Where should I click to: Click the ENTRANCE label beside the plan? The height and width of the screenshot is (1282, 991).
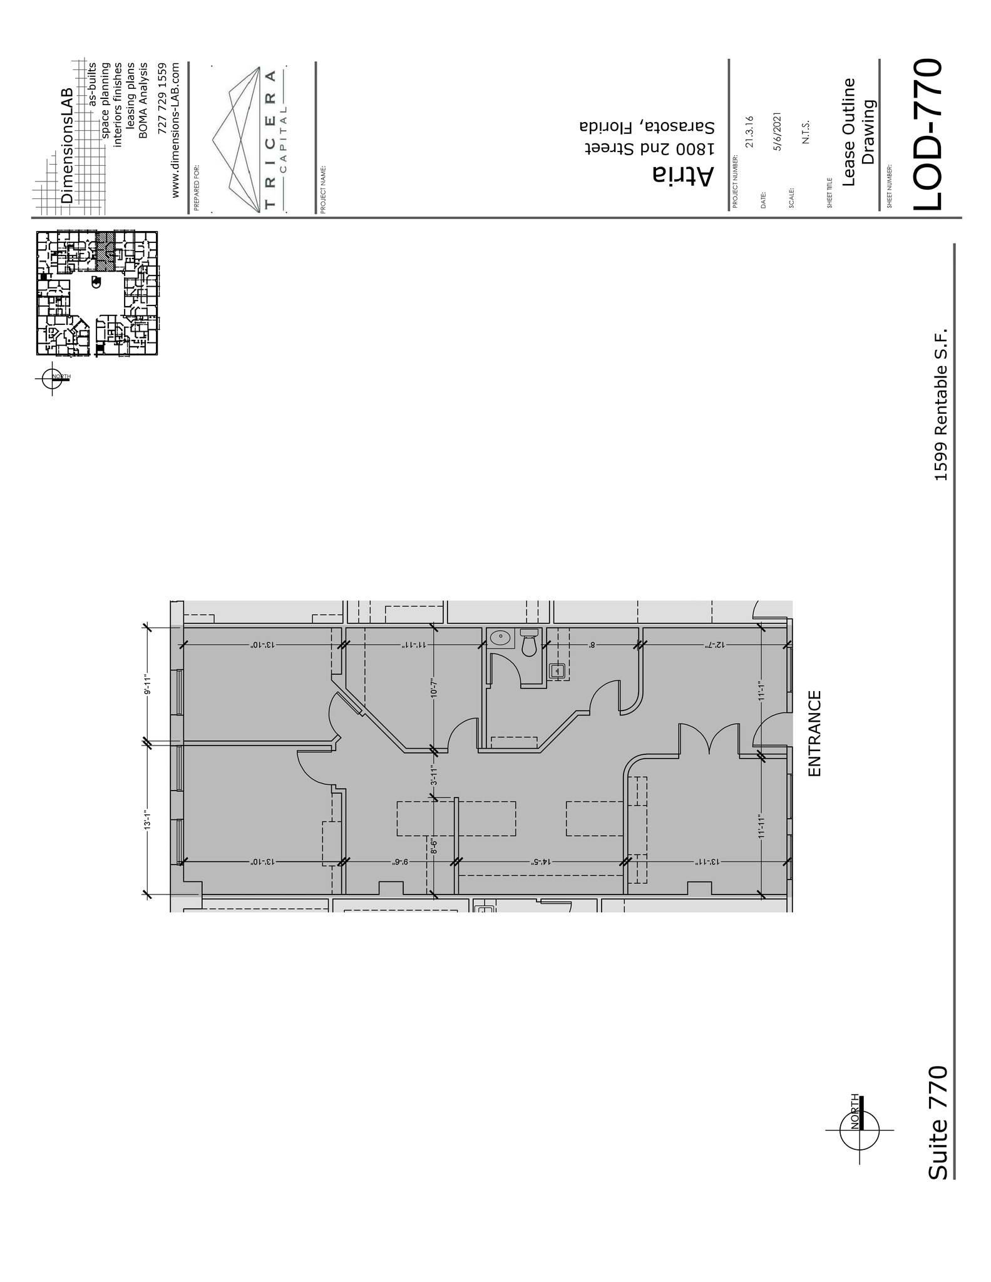(814, 733)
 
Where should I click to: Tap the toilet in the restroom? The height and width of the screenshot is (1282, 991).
(529, 643)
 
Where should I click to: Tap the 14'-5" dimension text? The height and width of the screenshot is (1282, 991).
(540, 861)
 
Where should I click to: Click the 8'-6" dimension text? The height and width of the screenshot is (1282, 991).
(433, 846)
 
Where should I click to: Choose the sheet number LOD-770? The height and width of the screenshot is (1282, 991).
(927, 135)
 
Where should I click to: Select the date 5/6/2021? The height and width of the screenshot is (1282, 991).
(778, 131)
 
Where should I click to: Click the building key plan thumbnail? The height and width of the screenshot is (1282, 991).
(96, 294)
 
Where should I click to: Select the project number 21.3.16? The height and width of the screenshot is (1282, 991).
(750, 131)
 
